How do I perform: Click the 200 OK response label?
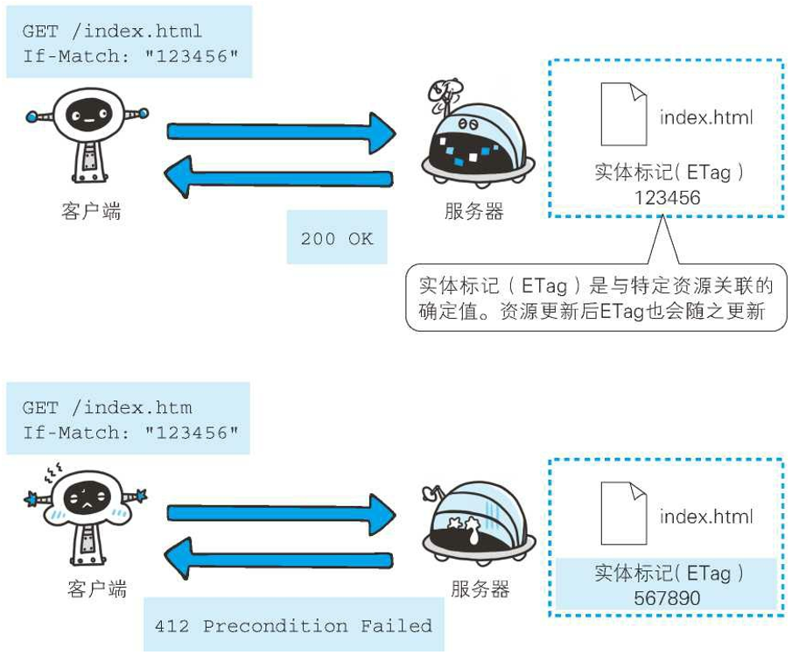336,238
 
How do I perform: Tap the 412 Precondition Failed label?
293,626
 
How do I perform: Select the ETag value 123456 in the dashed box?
668,198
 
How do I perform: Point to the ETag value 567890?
668,599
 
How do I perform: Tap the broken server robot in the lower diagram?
473,525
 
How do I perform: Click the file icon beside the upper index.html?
623,114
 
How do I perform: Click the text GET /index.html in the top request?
112,32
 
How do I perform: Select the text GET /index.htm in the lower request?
107,408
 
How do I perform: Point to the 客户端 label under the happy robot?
91,211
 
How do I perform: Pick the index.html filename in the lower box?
705,517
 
